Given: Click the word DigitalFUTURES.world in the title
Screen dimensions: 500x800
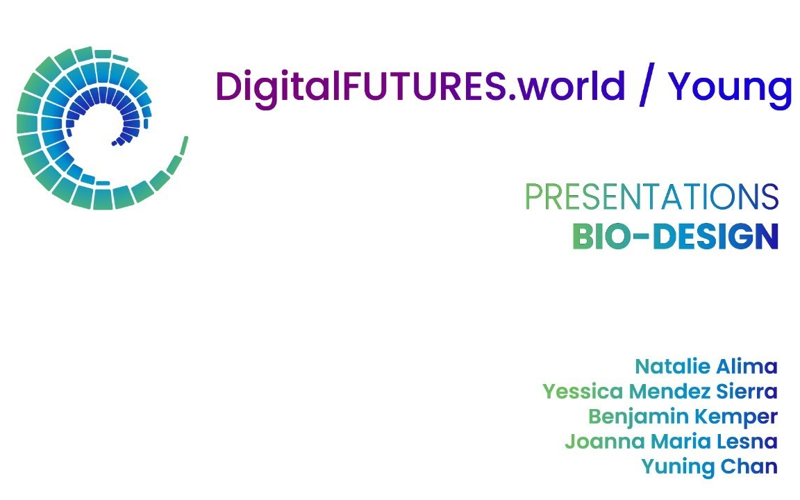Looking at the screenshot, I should [x=420, y=86].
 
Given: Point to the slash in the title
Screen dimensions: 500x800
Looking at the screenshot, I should [x=647, y=86].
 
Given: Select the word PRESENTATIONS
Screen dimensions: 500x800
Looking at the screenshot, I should [x=651, y=197].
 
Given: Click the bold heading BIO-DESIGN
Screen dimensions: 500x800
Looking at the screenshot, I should [x=674, y=237].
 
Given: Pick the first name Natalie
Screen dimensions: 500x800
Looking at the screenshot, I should [x=669, y=366].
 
